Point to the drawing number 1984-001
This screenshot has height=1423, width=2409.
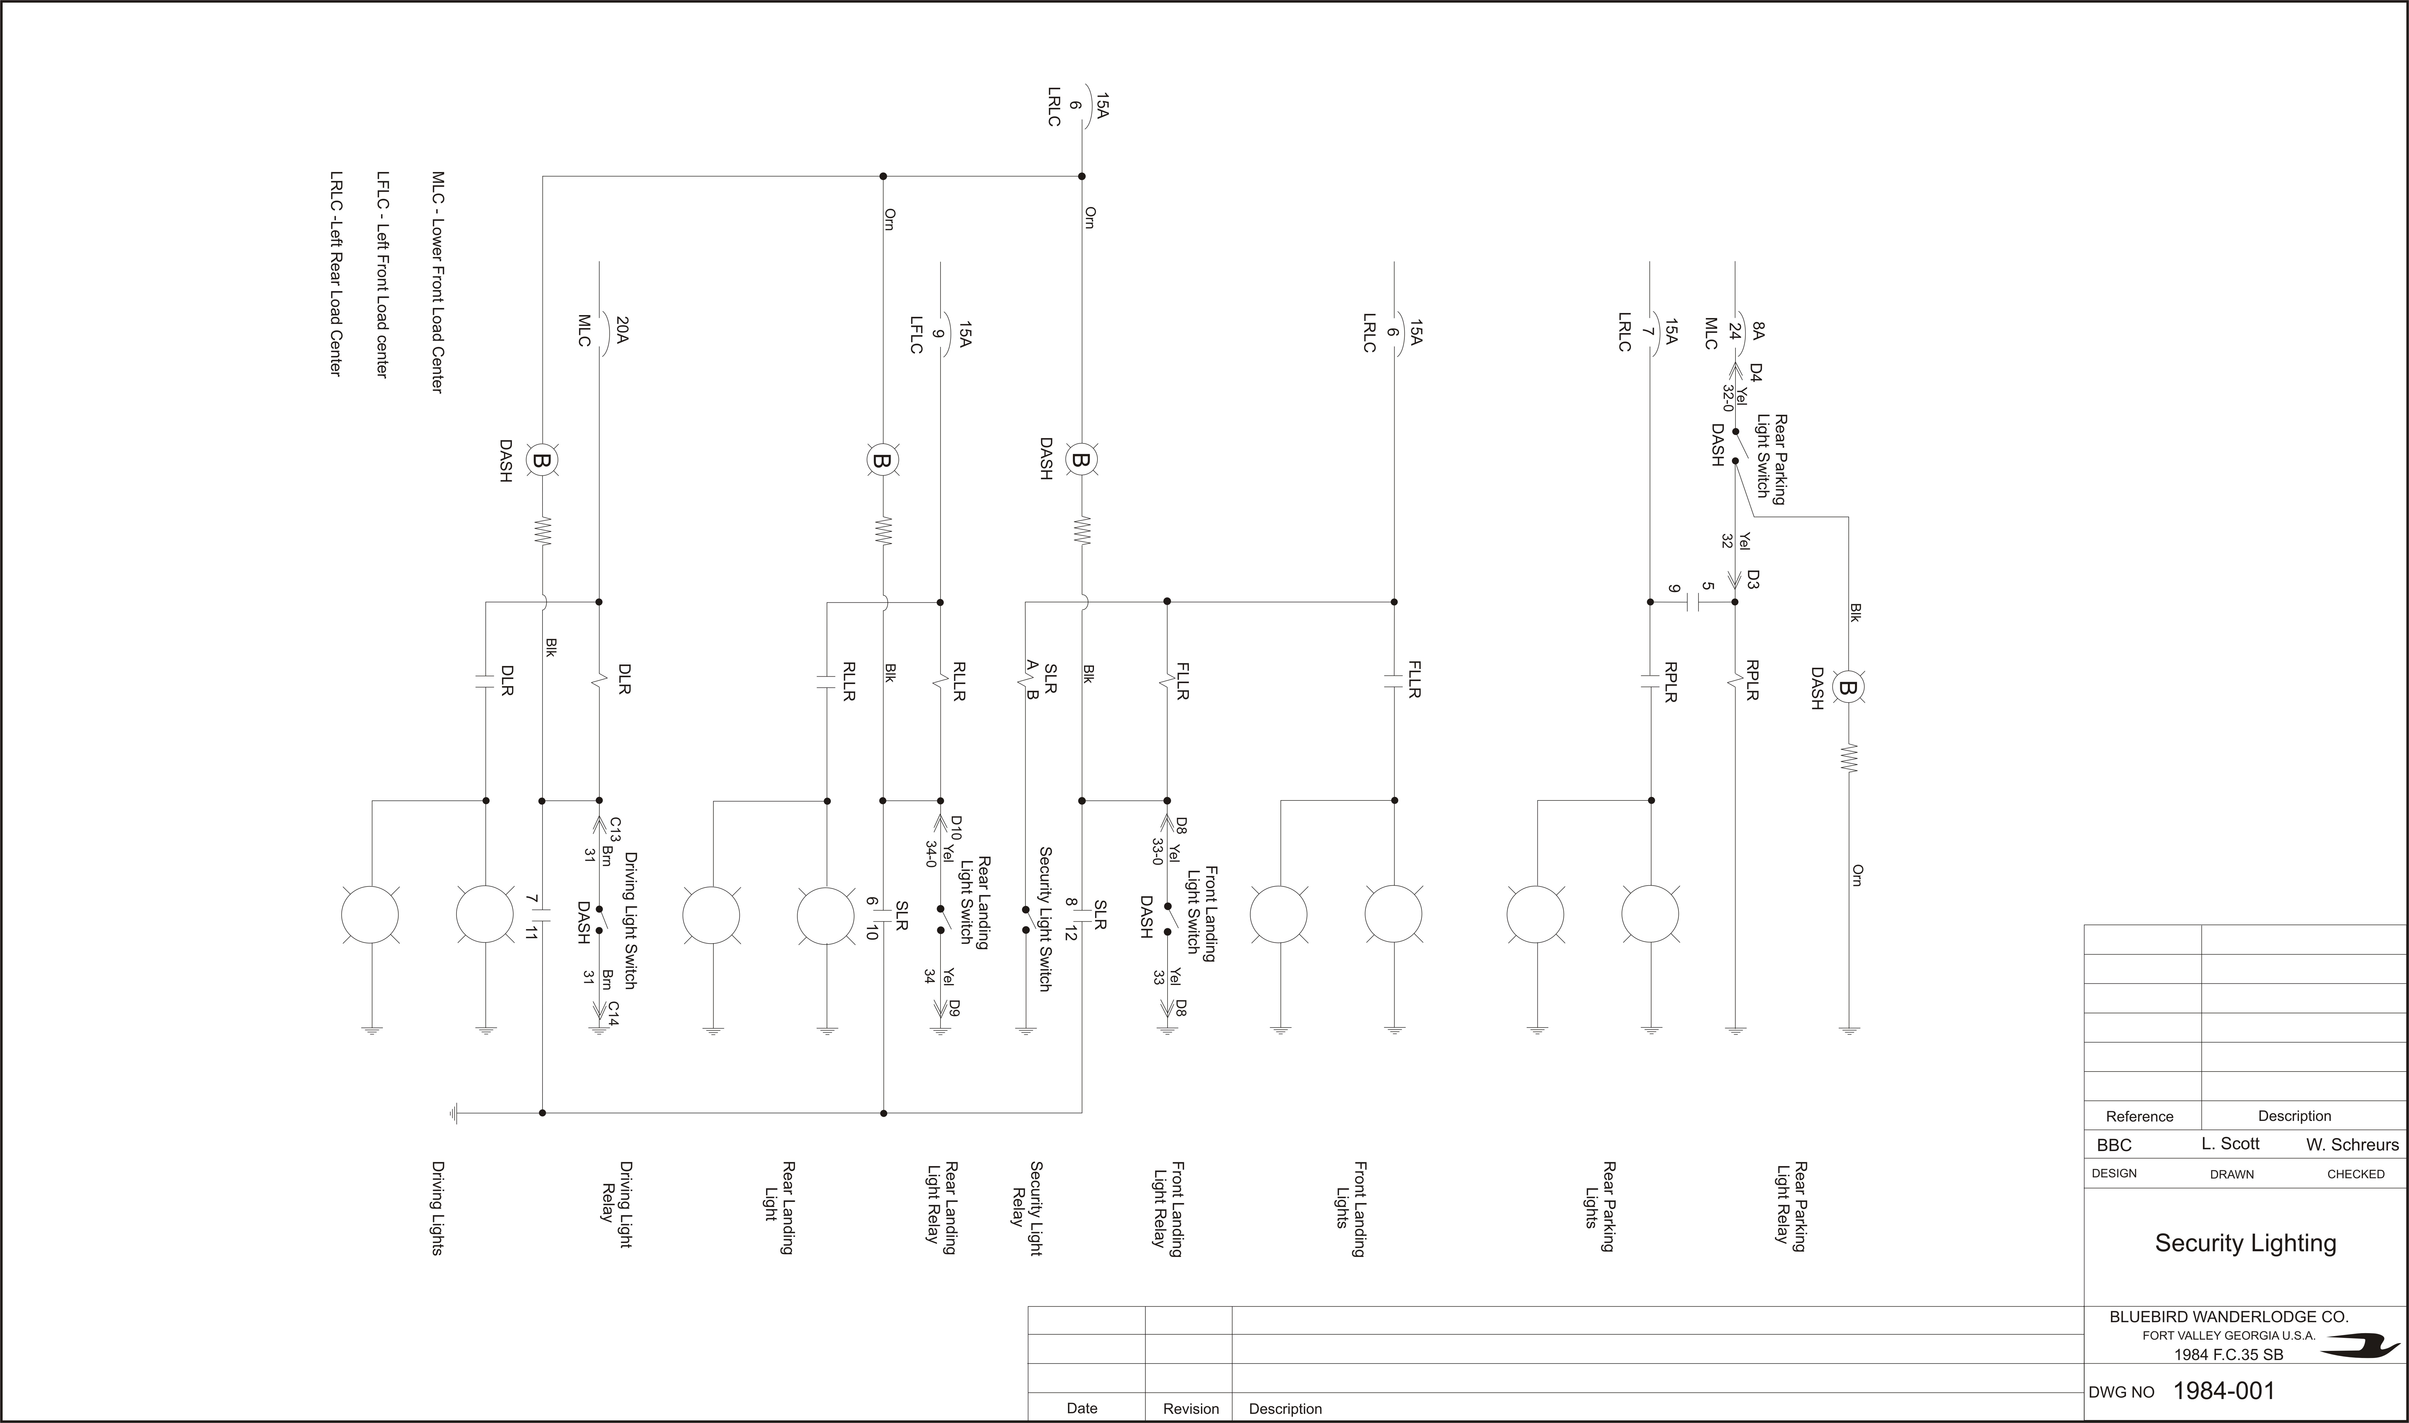click(2223, 1390)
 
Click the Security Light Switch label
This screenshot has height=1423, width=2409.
click(1045, 919)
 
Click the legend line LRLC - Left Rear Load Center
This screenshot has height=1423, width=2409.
click(336, 273)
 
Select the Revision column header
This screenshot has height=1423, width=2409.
click(1191, 1409)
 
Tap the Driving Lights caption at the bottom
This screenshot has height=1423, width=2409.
click(437, 1208)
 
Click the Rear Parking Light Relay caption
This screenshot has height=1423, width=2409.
click(1791, 1206)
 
